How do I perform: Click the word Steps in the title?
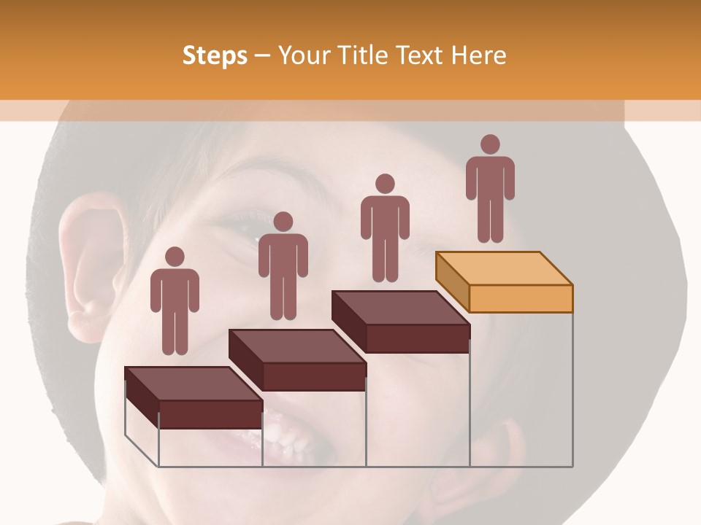215,56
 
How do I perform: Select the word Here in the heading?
478,56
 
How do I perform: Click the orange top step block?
504,281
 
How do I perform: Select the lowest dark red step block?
194,397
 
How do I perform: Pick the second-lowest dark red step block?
297,359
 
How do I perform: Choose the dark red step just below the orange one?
400,321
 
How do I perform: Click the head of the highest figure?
490,144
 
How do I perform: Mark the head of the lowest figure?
175,257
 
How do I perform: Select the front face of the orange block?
521,298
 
